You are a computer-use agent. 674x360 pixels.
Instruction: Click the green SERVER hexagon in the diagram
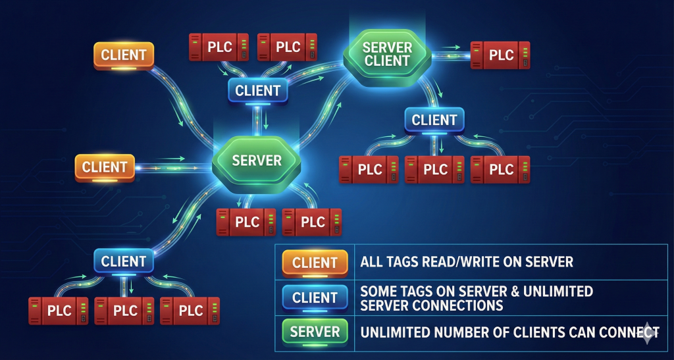click(257, 161)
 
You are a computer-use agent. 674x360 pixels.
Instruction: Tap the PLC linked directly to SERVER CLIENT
click(501, 55)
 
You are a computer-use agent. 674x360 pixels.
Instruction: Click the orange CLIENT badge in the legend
click(315, 263)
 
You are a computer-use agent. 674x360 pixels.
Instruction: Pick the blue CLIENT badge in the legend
click(315, 298)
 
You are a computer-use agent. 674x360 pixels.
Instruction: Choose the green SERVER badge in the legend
click(315, 332)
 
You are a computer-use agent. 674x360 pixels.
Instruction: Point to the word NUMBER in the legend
click(469, 332)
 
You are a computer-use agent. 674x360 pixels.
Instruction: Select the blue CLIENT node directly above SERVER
click(258, 91)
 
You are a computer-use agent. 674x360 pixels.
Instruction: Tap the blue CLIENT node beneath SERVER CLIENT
click(434, 120)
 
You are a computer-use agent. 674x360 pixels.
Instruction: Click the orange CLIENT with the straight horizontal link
click(105, 167)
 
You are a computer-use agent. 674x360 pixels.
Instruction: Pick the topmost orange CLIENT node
click(124, 55)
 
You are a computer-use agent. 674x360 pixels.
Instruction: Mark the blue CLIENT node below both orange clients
click(124, 261)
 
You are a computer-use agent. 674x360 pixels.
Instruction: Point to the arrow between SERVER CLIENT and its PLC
click(452, 47)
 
